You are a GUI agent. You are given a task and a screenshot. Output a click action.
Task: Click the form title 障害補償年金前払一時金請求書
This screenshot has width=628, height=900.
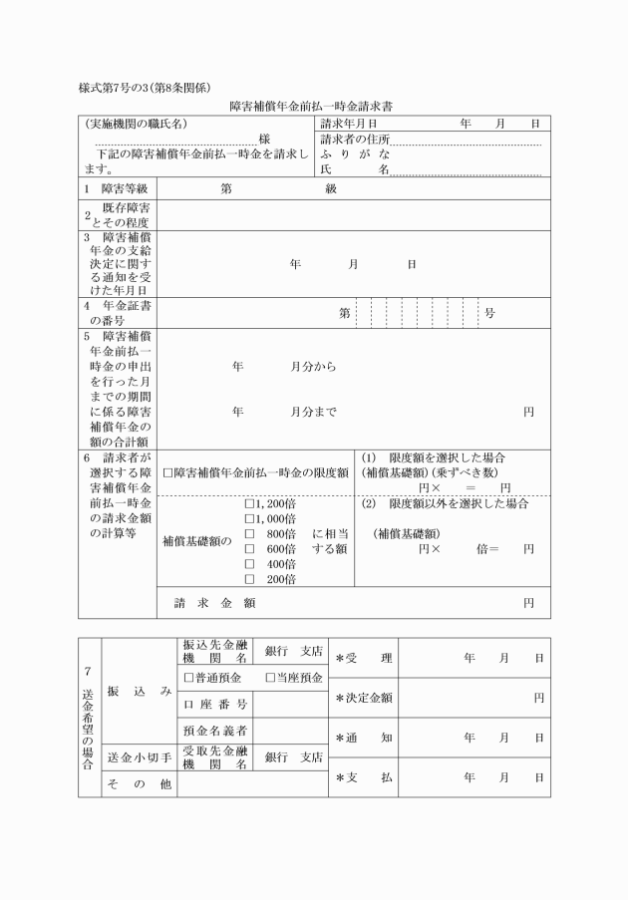[x=314, y=105]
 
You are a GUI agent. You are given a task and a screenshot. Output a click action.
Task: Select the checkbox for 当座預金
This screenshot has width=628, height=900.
[x=269, y=679]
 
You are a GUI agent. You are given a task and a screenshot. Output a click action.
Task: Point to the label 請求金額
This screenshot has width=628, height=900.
[x=215, y=603]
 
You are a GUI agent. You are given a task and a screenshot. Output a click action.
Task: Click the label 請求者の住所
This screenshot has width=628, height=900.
[x=356, y=140]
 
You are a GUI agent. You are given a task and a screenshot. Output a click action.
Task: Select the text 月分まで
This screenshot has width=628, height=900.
[x=313, y=411]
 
